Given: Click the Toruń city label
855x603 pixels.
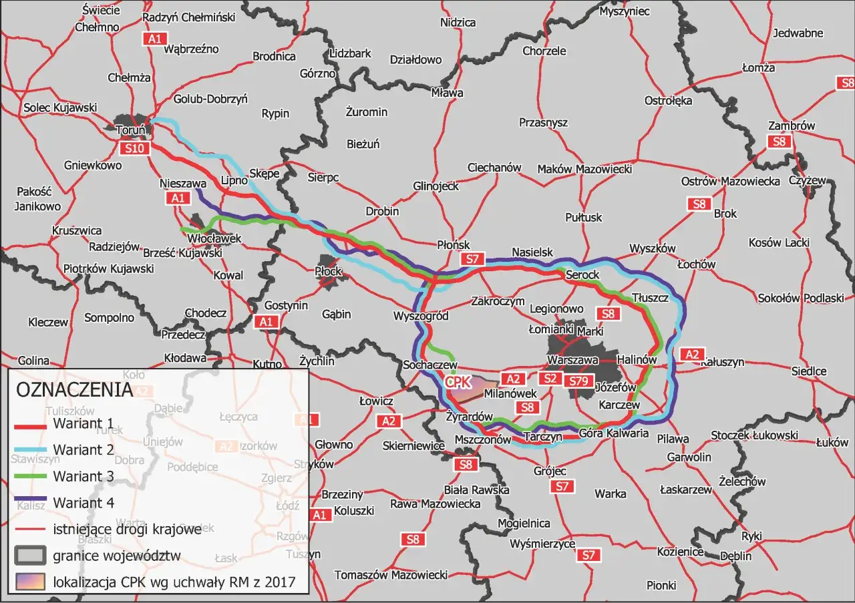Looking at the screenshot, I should click(130, 130).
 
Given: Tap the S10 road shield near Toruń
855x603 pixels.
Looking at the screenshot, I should click(134, 148).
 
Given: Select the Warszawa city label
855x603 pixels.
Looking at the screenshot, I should click(572, 360).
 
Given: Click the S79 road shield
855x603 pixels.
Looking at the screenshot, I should click(579, 381).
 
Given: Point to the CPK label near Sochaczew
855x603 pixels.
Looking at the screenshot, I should click(458, 382).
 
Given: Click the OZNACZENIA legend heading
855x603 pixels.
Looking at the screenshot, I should click(73, 390).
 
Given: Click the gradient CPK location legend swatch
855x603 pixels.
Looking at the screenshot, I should click(29, 581).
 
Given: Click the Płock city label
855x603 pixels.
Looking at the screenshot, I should click(328, 271).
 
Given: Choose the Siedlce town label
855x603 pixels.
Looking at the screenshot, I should click(809, 371).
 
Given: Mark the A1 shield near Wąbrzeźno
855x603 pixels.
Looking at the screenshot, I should click(155, 39).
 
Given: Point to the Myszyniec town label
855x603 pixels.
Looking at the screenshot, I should click(625, 11).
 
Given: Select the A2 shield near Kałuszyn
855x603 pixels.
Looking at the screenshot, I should click(691, 354).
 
